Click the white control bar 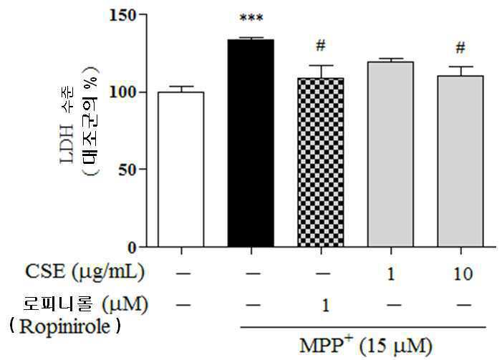click(x=181, y=170)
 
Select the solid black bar click(x=251, y=143)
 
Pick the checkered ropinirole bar click(x=321, y=162)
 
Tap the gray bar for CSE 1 click(x=390, y=155)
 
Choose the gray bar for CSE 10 click(x=460, y=161)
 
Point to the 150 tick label click(x=123, y=15)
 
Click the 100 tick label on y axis click(x=123, y=92)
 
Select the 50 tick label click(x=127, y=170)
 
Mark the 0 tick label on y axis click(x=132, y=248)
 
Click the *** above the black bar click(x=251, y=18)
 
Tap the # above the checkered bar click(x=321, y=46)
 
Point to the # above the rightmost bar click(x=460, y=48)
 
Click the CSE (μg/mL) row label click(x=85, y=272)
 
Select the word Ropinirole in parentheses click(x=64, y=327)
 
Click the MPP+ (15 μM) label click(x=366, y=345)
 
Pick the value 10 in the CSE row click(x=463, y=274)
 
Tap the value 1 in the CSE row click(x=391, y=274)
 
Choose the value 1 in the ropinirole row click(x=325, y=306)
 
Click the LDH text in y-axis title click(x=67, y=144)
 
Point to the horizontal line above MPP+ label click(x=363, y=327)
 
